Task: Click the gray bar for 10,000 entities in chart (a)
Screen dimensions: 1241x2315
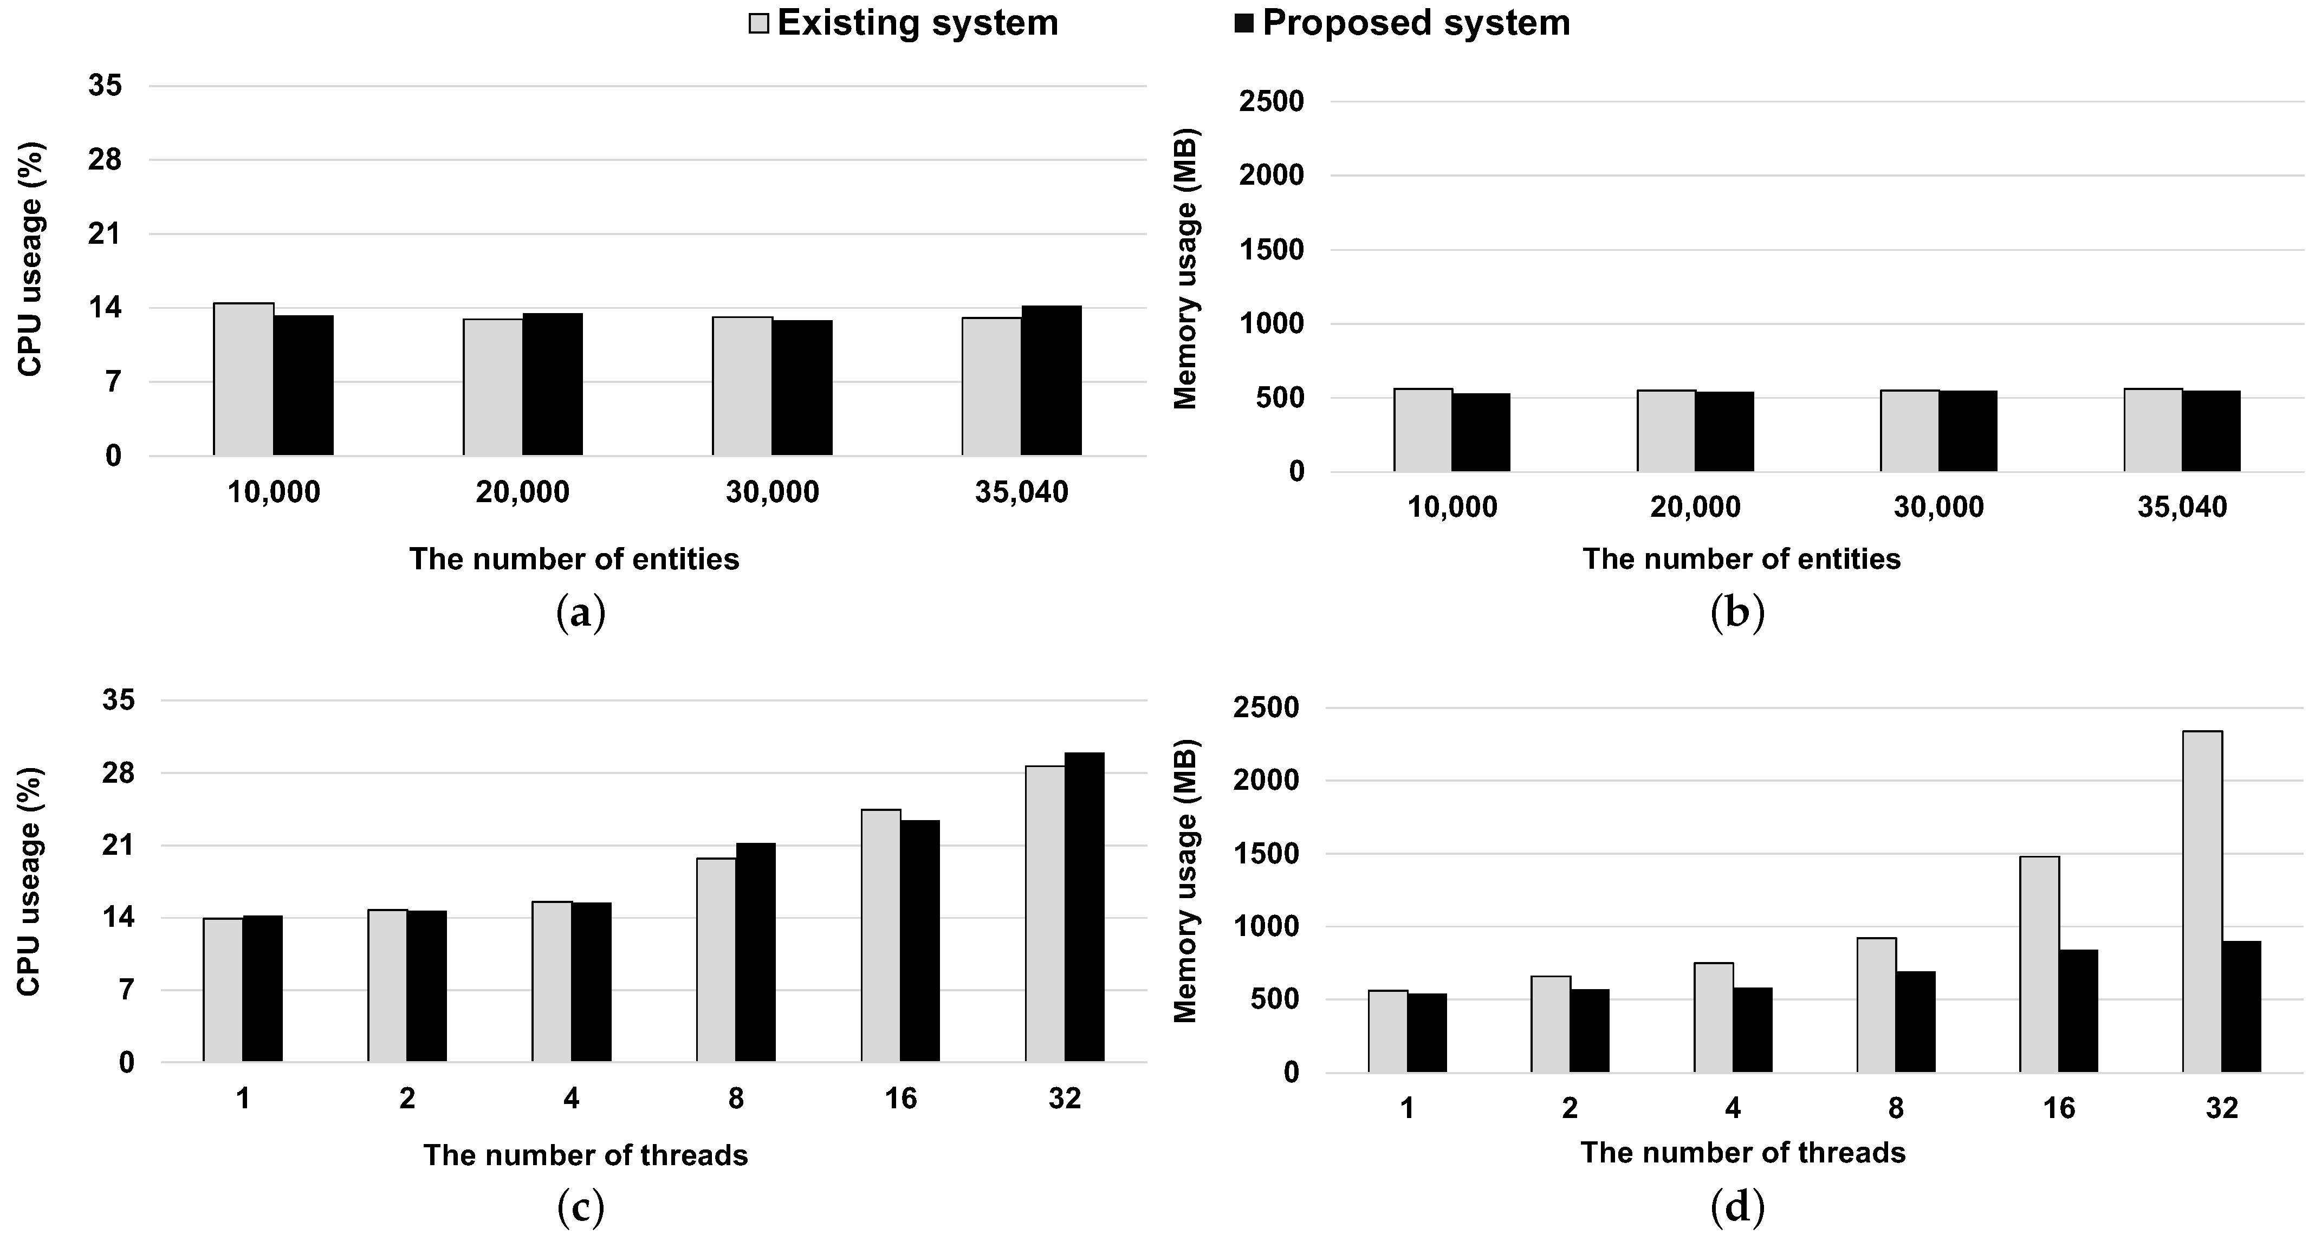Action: pyautogui.click(x=244, y=379)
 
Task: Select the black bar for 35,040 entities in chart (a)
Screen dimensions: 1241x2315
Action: pyautogui.click(x=1050, y=380)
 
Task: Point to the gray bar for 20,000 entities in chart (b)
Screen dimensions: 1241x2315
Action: pyautogui.click(x=1666, y=431)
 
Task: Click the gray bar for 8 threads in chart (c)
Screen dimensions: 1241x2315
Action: pyautogui.click(x=716, y=960)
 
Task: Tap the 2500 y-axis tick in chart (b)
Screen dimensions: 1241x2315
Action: pyautogui.click(x=1271, y=101)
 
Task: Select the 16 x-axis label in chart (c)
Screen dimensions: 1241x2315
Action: pyautogui.click(x=900, y=1098)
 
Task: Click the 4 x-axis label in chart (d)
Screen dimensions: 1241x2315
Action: pyautogui.click(x=1733, y=1108)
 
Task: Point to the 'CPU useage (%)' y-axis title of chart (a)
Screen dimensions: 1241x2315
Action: pyautogui.click(x=30, y=259)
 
